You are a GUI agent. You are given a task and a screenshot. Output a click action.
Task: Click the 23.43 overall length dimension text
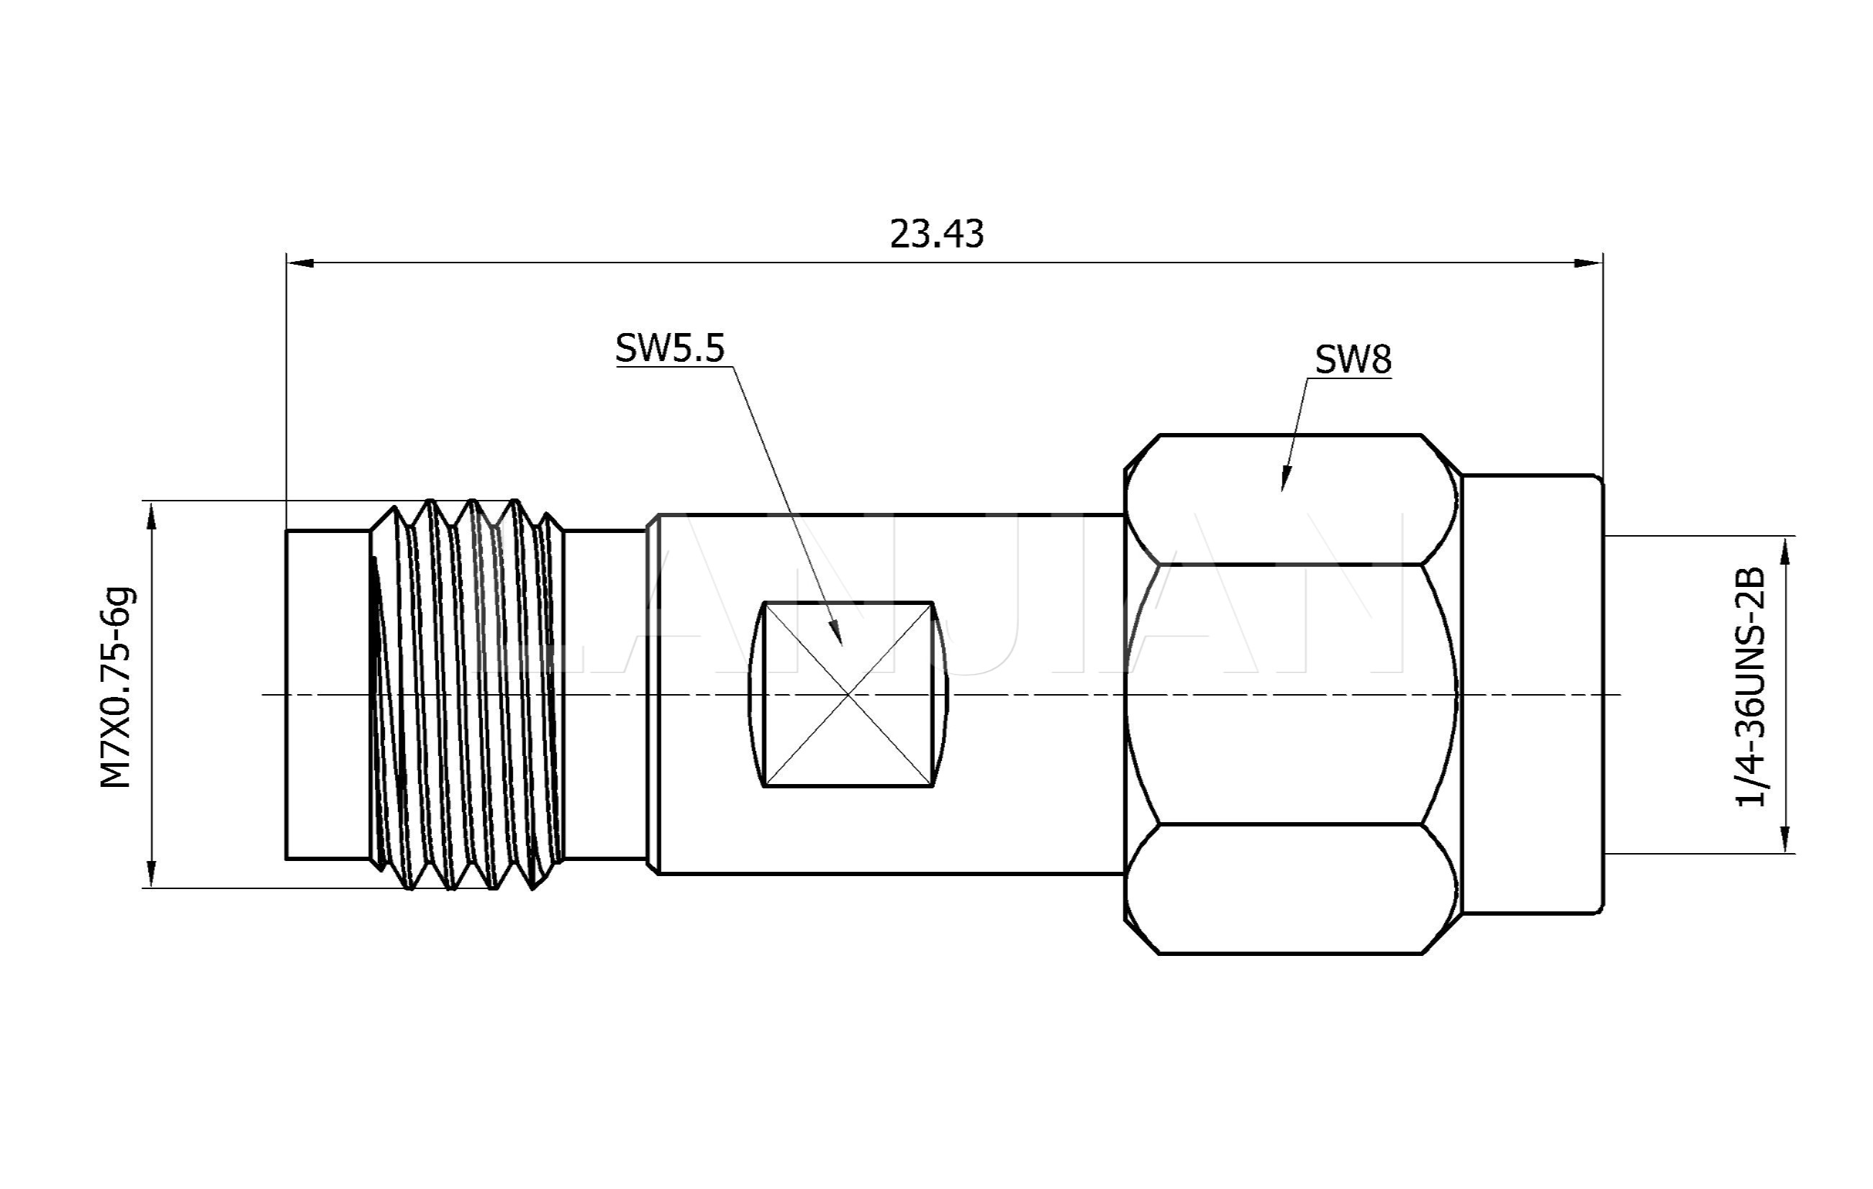tap(937, 234)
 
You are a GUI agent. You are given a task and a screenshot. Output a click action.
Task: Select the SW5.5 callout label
tap(670, 348)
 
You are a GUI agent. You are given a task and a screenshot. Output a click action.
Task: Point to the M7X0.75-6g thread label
tap(117, 688)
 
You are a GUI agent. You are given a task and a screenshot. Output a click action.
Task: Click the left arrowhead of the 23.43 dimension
tap(300, 263)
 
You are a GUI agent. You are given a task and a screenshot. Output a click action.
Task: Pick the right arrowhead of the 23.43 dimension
tap(1588, 263)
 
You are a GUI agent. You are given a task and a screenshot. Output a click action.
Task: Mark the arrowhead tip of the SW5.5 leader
tap(842, 644)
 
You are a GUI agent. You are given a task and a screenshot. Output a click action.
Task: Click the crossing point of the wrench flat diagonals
tap(848, 694)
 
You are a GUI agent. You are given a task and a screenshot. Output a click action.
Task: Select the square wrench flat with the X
tap(848, 694)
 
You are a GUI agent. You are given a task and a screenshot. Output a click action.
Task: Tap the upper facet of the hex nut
tap(1291, 499)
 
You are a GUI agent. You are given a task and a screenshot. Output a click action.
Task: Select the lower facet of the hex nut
tap(1291, 888)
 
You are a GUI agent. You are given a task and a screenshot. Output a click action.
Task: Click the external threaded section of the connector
tap(467, 694)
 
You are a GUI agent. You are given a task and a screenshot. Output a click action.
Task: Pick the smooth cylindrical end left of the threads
tap(327, 694)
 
